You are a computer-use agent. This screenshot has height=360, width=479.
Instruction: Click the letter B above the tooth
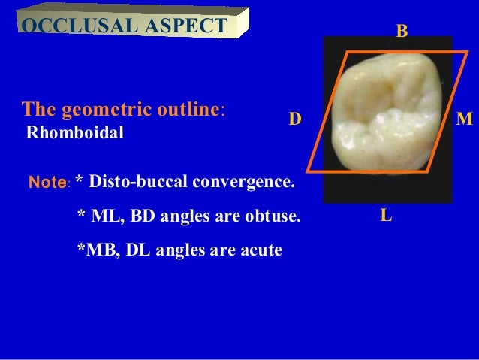point(402,31)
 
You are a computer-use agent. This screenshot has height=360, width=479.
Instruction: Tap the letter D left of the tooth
point(295,119)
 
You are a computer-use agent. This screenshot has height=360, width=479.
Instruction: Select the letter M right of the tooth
point(465,119)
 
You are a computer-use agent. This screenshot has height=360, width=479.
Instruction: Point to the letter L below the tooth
point(385,216)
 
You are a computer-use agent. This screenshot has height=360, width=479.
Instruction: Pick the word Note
point(48,183)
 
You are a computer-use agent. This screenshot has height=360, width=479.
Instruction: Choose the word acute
point(261,250)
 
